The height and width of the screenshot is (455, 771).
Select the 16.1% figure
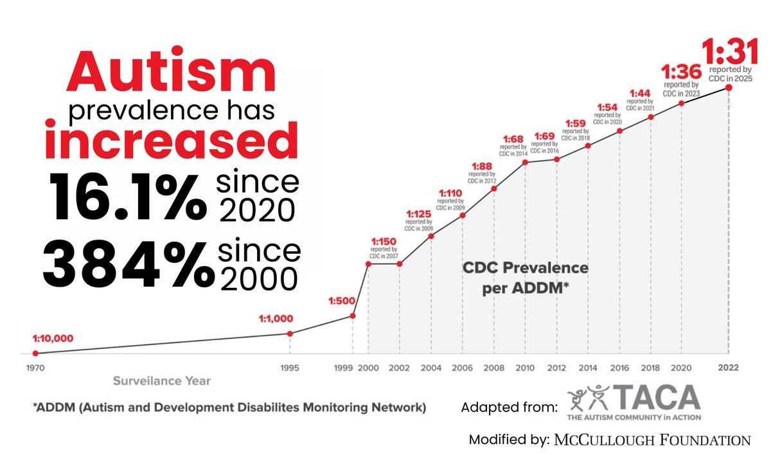(x=126, y=196)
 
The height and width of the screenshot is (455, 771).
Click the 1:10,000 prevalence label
(x=53, y=338)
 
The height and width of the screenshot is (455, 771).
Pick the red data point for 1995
(x=290, y=333)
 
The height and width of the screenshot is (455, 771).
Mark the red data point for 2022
(x=729, y=87)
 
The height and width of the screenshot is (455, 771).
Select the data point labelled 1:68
(x=526, y=162)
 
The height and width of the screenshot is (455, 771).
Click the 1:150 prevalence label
(x=383, y=242)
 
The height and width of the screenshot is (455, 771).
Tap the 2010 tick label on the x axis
(x=526, y=368)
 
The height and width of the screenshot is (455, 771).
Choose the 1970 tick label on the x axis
(x=35, y=368)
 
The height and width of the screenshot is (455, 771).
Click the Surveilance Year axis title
(x=162, y=380)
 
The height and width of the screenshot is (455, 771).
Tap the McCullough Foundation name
(x=650, y=440)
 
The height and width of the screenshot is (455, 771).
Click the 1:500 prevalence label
(x=341, y=300)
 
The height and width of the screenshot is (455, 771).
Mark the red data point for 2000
(x=368, y=263)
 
